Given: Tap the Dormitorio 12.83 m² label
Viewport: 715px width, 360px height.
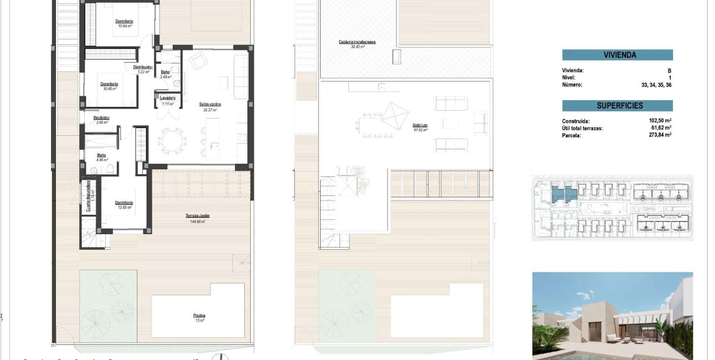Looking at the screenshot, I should (x=124, y=204).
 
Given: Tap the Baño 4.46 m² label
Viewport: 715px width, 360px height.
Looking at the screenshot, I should (x=102, y=157).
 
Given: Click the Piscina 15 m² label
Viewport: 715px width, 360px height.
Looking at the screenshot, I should (x=199, y=317).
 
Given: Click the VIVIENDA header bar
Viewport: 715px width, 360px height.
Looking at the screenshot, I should (x=617, y=55).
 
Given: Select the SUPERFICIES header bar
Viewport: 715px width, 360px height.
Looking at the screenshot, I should (x=617, y=106).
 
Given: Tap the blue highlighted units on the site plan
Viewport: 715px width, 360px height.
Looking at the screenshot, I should (x=563, y=193).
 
